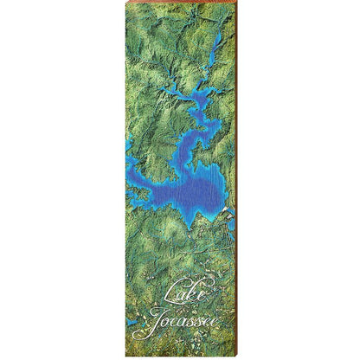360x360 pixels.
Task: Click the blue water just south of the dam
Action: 231,223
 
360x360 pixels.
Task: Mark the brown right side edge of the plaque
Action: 235,173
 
